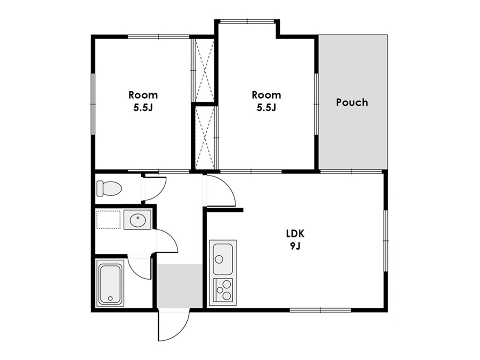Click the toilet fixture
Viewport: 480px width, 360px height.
pyautogui.click(x=109, y=188)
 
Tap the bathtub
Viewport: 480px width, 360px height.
pyautogui.click(x=110, y=283)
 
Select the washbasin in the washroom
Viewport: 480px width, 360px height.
pyautogui.click(x=138, y=220)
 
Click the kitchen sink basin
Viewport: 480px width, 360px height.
pyautogui.click(x=223, y=259)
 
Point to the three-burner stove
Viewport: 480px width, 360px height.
pyautogui.click(x=223, y=290)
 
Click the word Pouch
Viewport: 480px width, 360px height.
pyautogui.click(x=352, y=102)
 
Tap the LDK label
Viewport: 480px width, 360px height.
pyautogui.click(x=296, y=234)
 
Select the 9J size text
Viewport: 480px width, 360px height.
pyautogui.click(x=296, y=246)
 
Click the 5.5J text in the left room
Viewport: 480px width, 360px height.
pyautogui.click(x=143, y=108)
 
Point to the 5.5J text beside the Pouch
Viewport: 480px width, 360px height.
pyautogui.click(x=266, y=108)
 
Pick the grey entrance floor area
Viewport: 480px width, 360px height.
pyautogui.click(x=179, y=286)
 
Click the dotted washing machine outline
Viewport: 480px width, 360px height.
pyautogui.click(x=108, y=220)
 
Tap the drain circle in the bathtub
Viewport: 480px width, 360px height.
pyautogui.click(x=110, y=298)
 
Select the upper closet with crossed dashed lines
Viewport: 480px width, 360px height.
pyautogui.click(x=204, y=70)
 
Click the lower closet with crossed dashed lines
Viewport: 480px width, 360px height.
pyautogui.click(x=204, y=137)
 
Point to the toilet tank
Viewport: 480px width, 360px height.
pyautogui.click(x=100, y=188)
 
